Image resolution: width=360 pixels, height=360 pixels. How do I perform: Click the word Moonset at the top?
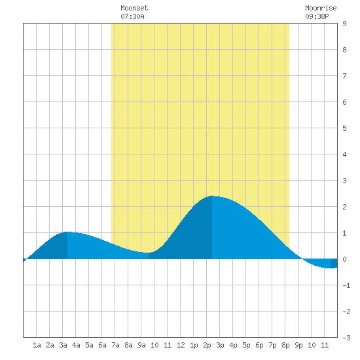134,8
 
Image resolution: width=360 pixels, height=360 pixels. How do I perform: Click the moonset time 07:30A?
132,16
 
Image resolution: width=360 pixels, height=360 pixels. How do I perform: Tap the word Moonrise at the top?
321,8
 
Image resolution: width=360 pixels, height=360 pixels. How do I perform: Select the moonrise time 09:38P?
317,16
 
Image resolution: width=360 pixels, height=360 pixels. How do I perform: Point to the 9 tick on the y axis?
344,24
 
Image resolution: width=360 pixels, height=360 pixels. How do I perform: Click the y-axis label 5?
344,128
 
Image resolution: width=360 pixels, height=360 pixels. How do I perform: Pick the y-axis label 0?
344,259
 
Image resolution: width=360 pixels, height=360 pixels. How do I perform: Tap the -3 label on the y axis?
346,338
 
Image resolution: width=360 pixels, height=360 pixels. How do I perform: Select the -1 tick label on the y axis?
346,285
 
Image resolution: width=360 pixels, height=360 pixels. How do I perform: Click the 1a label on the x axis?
37,345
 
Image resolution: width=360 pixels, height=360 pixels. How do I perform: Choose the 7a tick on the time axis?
115,345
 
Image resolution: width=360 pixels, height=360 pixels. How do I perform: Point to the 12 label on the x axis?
181,345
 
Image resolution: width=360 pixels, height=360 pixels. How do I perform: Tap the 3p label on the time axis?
220,345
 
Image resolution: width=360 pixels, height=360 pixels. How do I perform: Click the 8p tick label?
285,345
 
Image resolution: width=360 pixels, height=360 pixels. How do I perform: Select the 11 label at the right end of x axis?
325,345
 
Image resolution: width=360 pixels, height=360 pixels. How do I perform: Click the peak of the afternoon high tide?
212,196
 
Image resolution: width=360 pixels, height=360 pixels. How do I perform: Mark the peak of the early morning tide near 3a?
67,232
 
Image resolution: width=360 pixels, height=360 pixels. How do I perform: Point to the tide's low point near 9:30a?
149,253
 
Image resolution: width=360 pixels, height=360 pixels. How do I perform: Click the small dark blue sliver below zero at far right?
334,263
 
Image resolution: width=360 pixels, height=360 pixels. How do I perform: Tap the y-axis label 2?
344,207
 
